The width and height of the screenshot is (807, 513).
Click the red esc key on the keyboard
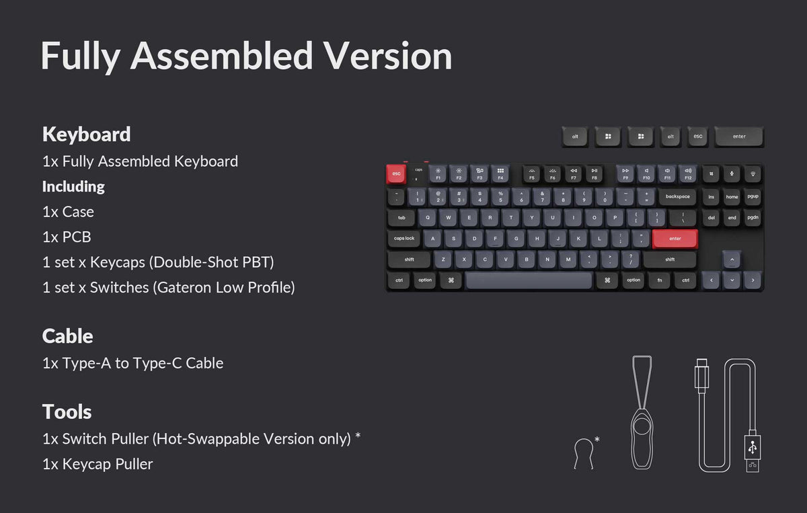click(396, 174)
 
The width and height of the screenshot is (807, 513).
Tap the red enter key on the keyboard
click(675, 239)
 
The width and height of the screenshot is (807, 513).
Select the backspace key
click(678, 197)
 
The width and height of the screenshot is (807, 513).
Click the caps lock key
click(404, 239)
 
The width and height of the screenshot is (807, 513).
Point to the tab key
click(401, 218)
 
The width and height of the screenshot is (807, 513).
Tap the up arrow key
click(732, 260)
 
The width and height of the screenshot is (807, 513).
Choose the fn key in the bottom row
click(660, 280)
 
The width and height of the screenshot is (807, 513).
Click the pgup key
click(753, 197)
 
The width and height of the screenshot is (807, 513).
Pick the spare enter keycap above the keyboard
click(739, 136)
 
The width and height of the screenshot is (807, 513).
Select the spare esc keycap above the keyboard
click(698, 136)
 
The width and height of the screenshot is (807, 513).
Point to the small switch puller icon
click(584, 452)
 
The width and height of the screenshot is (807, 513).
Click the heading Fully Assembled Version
click(246, 56)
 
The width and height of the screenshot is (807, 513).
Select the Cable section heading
click(67, 336)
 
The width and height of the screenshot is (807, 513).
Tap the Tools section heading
click(67, 411)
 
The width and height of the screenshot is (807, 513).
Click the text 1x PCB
click(67, 237)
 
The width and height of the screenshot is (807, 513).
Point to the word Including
click(73, 186)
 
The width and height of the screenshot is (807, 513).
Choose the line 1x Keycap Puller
click(98, 464)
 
